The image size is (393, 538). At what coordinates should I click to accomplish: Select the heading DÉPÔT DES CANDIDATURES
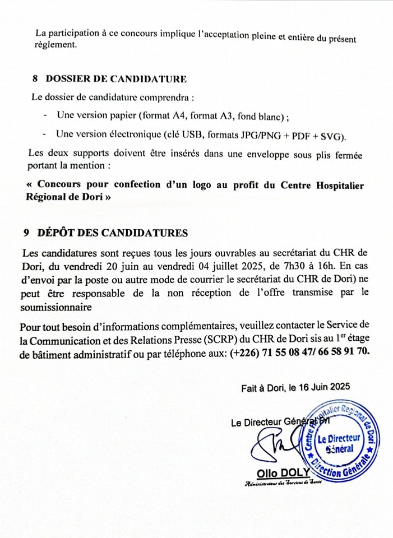point(113,233)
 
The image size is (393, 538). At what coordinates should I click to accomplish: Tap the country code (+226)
point(243,352)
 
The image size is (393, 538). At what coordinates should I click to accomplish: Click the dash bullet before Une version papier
point(45,116)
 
